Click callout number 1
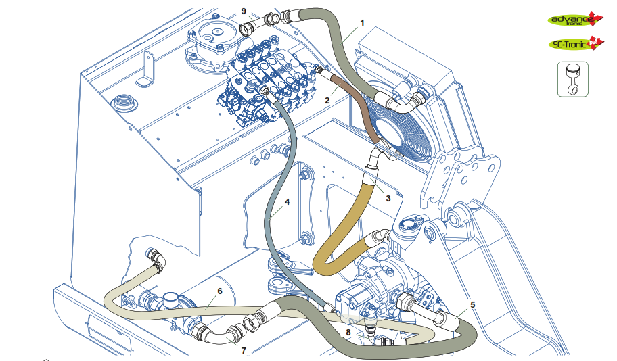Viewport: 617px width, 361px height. (362, 22)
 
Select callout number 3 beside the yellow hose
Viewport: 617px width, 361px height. (388, 198)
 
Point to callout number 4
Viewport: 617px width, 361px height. (287, 201)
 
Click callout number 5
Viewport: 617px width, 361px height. (472, 304)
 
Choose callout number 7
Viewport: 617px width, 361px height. (244, 350)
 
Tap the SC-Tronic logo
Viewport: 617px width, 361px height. (575, 44)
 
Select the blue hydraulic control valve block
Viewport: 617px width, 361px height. (267, 81)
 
